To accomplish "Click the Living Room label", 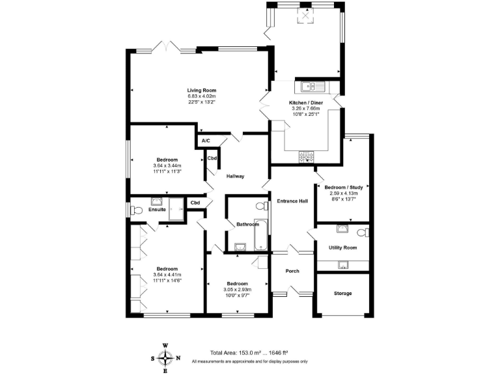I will click(x=201, y=90).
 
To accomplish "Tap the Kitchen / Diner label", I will click(x=305, y=103).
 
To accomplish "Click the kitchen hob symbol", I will click(x=306, y=156).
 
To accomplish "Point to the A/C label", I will click(x=205, y=141).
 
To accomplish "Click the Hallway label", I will click(x=234, y=176).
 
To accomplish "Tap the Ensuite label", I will click(x=158, y=210).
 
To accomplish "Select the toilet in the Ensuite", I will click(x=135, y=210).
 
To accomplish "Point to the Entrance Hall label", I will click(x=292, y=201).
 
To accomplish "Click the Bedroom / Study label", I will click(x=343, y=187).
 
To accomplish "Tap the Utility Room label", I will click(x=342, y=247).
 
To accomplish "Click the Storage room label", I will click(x=342, y=294).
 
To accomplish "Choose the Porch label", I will click(x=292, y=270).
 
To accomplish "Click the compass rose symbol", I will click(x=166, y=357).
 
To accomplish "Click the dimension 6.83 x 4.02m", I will click(x=201, y=96).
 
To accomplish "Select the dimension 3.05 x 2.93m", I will click(x=237, y=289).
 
